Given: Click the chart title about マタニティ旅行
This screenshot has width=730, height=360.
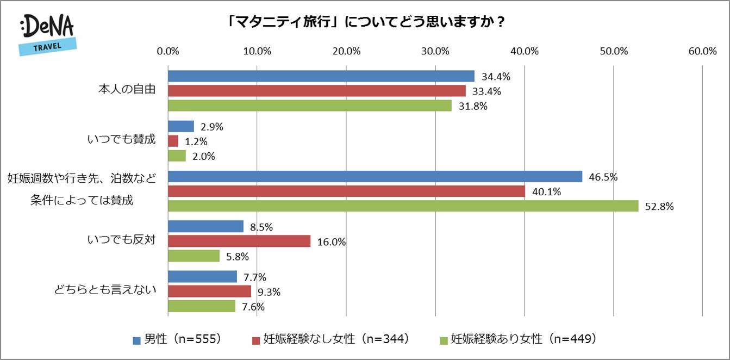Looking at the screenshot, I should (365, 22).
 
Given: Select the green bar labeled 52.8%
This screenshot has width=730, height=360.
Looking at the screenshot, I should (403, 206).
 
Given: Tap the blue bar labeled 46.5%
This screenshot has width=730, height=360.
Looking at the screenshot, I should (375, 177).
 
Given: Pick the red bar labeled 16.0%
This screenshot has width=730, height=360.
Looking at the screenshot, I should (239, 241).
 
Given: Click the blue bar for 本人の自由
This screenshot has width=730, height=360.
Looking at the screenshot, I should (321, 76).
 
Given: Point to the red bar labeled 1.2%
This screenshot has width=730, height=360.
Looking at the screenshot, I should (173, 141).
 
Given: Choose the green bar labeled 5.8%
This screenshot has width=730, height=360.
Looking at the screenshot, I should (194, 256).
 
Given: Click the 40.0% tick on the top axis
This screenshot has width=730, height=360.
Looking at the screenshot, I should (524, 52).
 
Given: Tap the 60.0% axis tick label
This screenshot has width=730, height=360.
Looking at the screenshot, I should (702, 52).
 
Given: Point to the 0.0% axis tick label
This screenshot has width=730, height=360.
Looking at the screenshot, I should (168, 52).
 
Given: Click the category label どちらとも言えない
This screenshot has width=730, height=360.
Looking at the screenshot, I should (105, 290).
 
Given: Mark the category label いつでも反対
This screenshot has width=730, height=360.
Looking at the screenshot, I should (121, 240).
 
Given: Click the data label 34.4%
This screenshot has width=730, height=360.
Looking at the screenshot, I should (492, 76).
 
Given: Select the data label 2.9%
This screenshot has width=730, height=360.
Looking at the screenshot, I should (211, 127).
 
